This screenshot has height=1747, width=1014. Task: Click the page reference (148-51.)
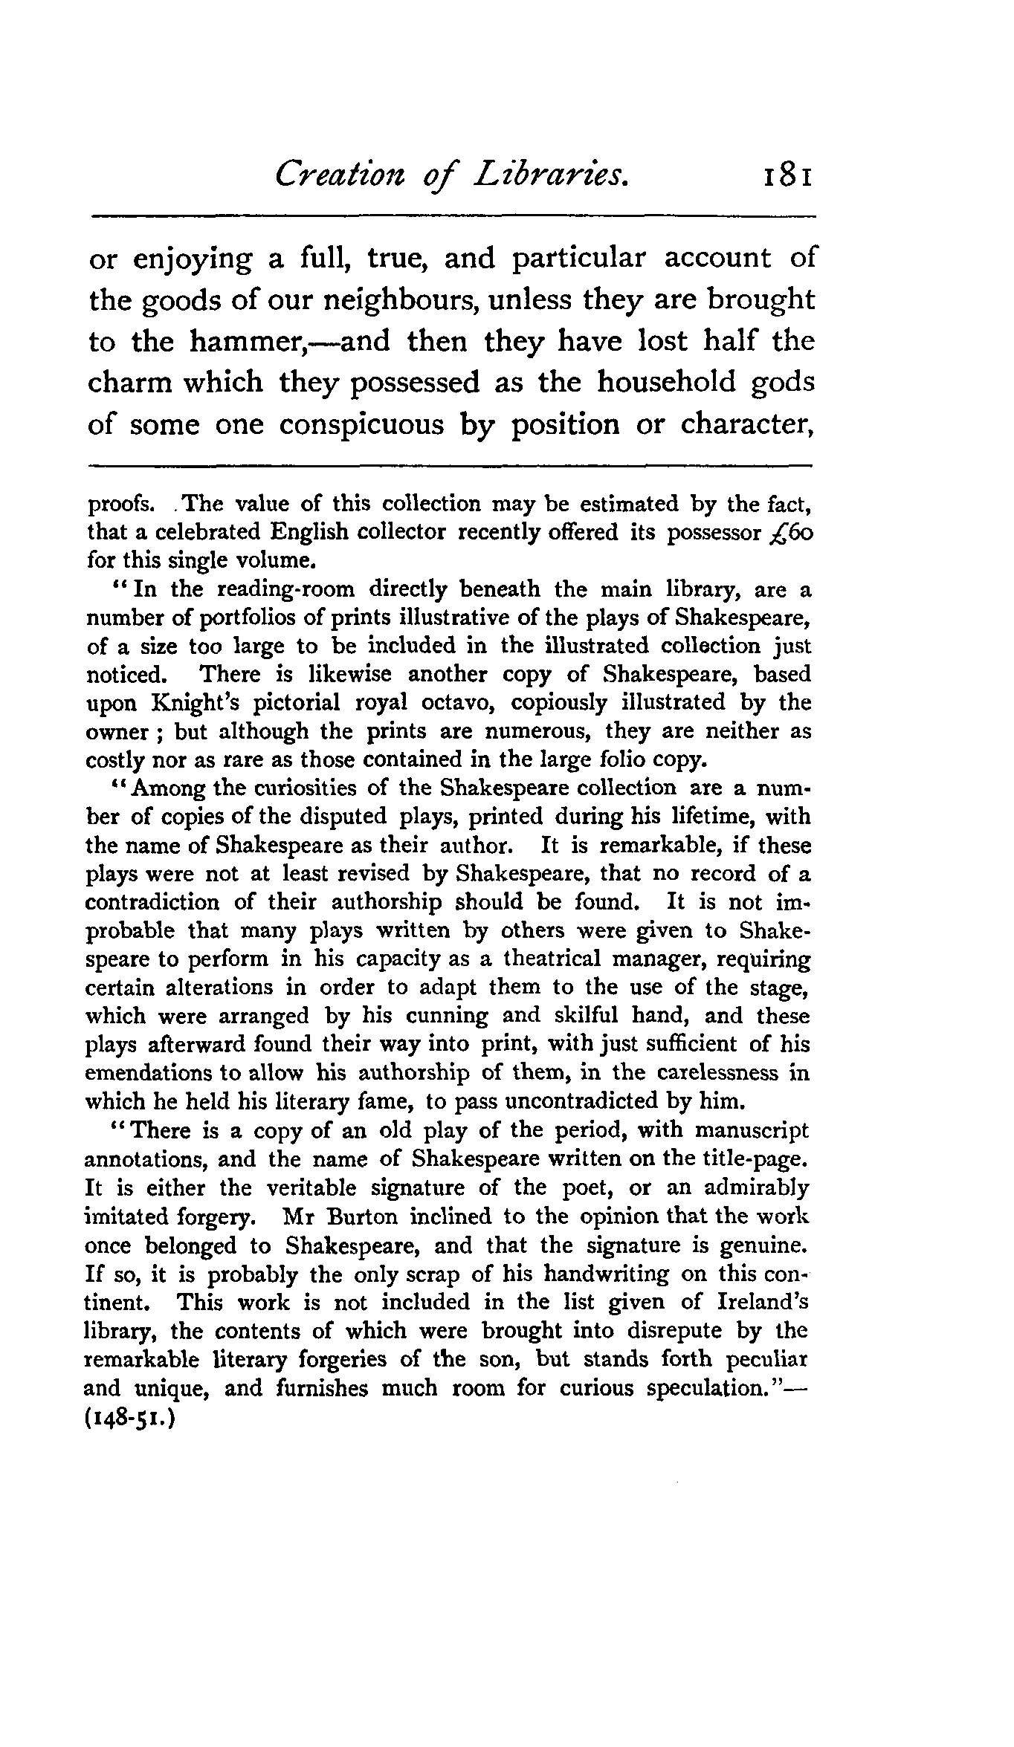tap(130, 1418)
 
